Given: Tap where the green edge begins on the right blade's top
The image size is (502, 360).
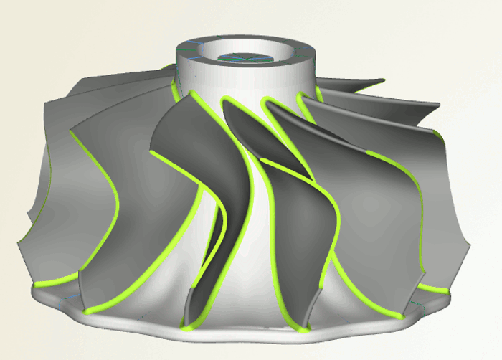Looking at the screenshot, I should (369, 153).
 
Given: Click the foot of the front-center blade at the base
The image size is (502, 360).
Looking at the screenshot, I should (190, 326).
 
